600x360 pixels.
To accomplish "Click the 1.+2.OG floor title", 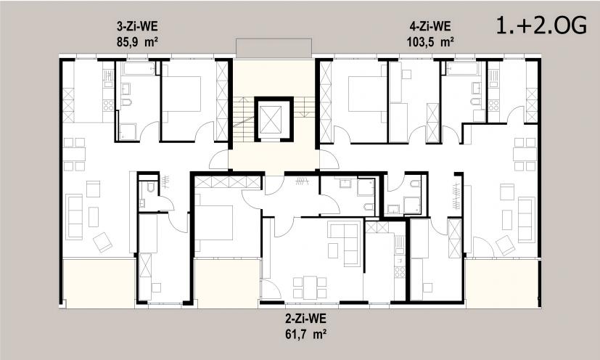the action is (541, 26).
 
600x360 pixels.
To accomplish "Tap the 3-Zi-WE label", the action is (137, 26).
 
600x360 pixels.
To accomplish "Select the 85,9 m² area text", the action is (137, 42).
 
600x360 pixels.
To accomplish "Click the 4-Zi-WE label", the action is (430, 26).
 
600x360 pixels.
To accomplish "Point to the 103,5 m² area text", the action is (430, 42).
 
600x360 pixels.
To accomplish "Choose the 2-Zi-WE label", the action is (305, 318).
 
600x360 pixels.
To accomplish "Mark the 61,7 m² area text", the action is (305, 335).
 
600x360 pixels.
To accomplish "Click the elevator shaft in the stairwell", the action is (274, 119).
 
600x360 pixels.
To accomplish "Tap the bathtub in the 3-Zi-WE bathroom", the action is (139, 68).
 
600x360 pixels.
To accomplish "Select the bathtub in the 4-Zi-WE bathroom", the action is (462, 68).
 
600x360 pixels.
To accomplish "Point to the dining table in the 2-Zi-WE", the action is (311, 287).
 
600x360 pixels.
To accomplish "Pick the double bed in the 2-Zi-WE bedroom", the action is (213, 223).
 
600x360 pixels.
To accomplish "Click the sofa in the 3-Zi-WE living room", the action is (74, 217).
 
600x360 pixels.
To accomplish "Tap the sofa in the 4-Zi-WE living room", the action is (527, 220).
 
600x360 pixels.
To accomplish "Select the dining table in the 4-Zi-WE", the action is (525, 155).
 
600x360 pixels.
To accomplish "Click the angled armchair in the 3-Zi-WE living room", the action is (102, 242).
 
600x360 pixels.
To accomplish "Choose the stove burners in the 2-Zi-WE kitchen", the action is (400, 271).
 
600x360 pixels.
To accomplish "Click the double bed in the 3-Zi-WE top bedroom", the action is (181, 94).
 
